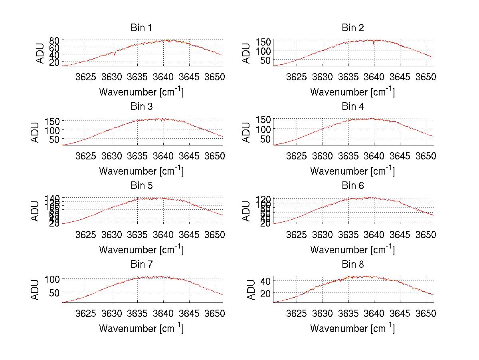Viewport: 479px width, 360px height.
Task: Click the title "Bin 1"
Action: coord(141,28)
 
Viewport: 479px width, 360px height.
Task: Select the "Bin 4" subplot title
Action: coord(352,107)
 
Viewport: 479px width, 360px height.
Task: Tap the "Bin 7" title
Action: coord(141,265)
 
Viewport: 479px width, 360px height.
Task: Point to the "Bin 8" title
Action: coord(352,265)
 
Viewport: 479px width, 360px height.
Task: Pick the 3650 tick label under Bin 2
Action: coord(426,76)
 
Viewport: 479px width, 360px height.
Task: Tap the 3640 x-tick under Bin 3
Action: coord(163,155)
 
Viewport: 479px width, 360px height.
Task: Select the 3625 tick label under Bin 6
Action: coord(297,234)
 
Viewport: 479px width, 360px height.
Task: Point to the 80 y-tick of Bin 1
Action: coord(55,40)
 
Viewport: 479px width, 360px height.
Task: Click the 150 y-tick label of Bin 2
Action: coord(264,42)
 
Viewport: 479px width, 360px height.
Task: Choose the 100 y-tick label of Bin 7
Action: coord(53,279)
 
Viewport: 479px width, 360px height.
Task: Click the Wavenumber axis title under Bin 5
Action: coord(141,250)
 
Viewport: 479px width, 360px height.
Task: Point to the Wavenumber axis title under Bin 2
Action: coord(352,92)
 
